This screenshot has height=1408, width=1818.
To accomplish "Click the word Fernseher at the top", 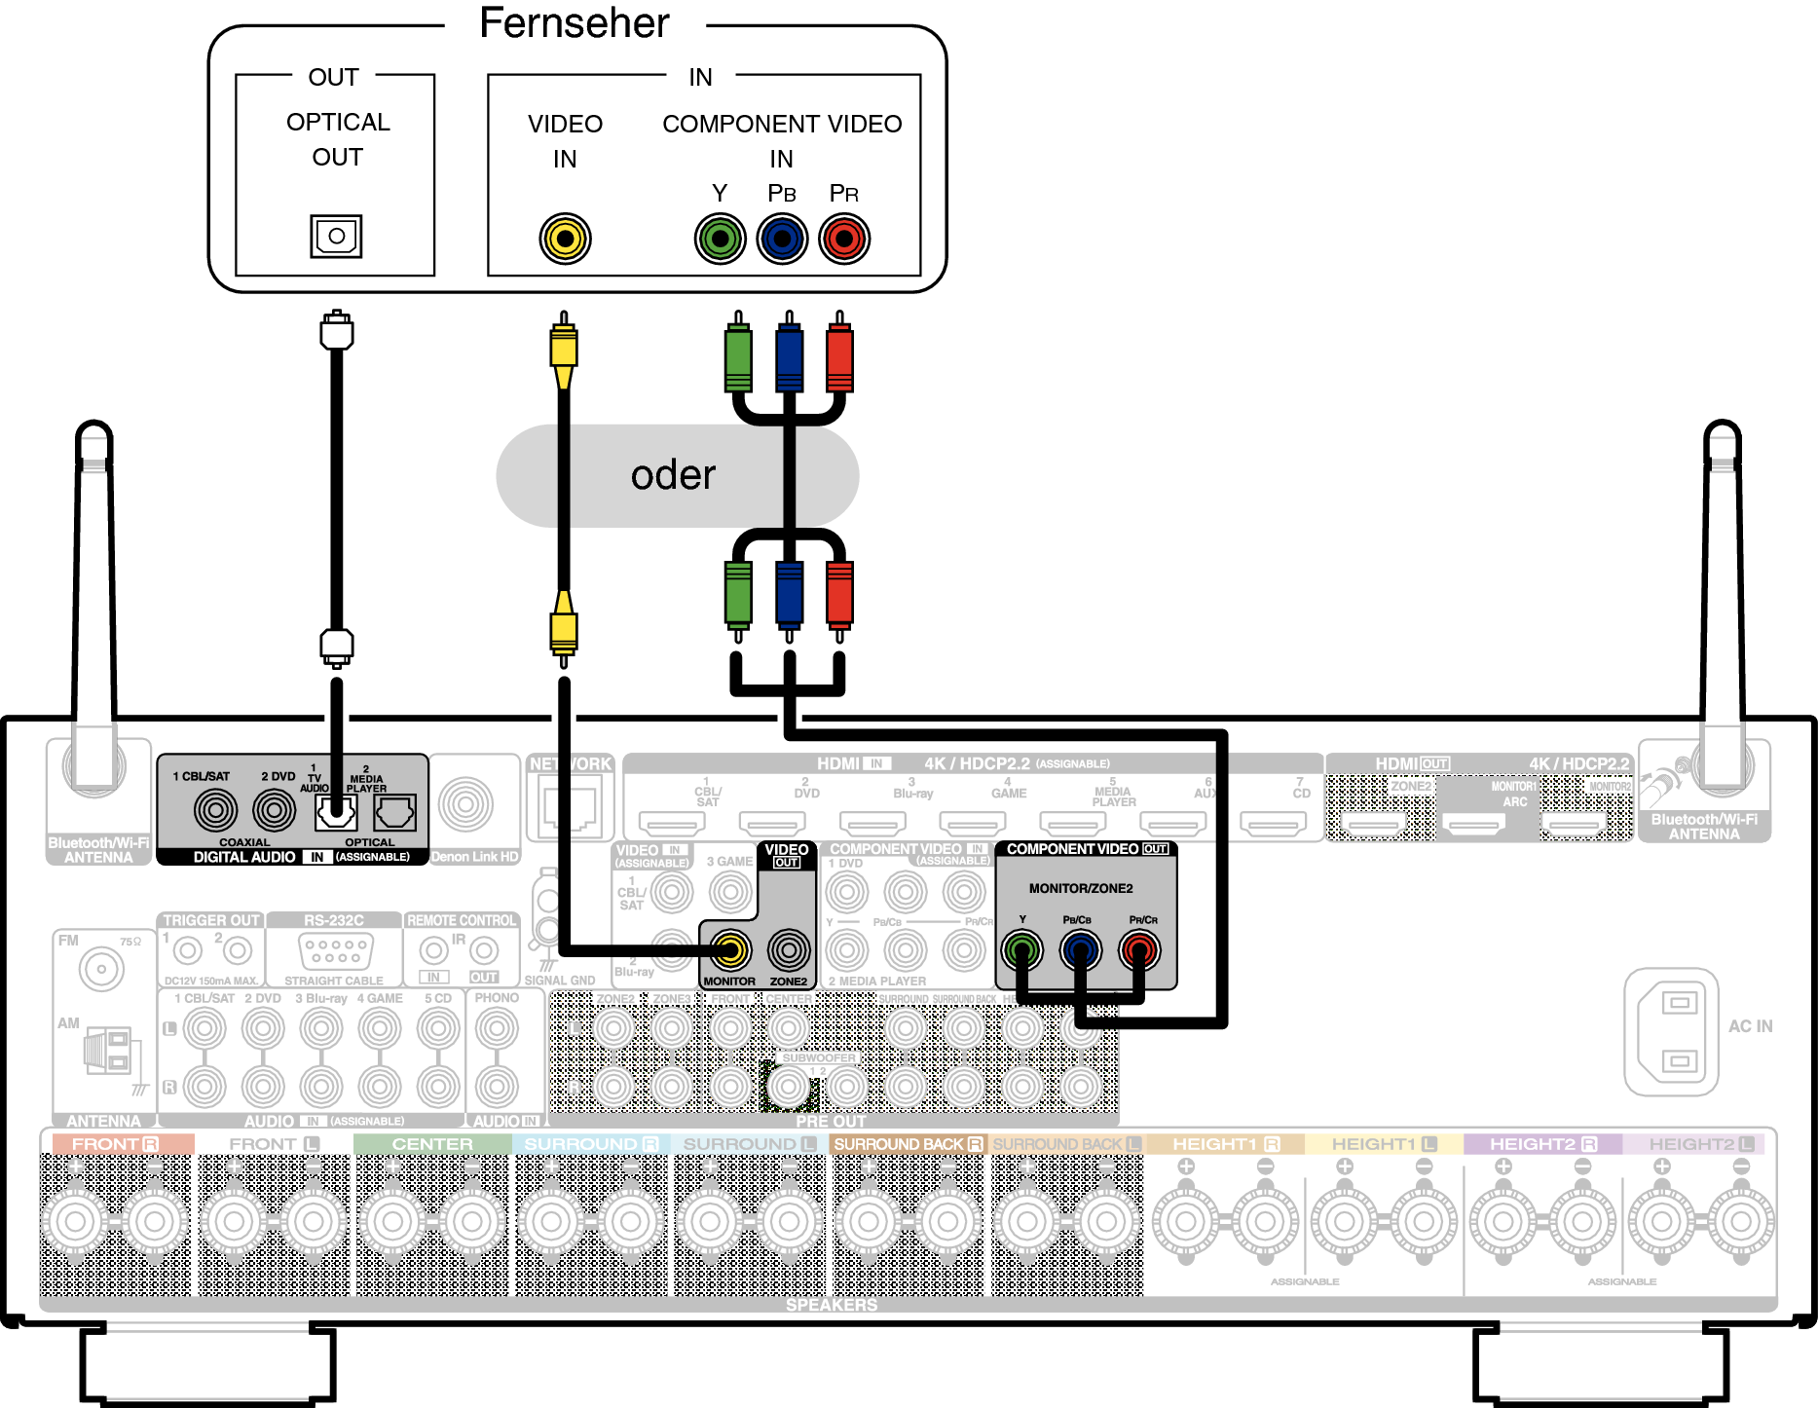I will pyautogui.click(x=575, y=23).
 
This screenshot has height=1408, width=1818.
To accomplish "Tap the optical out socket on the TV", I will pyautogui.click(x=336, y=236).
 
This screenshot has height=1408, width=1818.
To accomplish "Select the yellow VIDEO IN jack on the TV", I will pyautogui.click(x=565, y=239).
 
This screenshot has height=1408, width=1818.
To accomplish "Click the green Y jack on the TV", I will pyautogui.click(x=720, y=239).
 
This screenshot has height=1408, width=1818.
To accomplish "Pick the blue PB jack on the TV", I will pyautogui.click(x=782, y=239).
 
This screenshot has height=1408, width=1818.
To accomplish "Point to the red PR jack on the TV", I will pyautogui.click(x=844, y=239).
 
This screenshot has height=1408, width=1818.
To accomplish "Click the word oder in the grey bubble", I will pyautogui.click(x=673, y=475).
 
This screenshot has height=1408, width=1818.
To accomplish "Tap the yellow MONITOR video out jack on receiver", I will pyautogui.click(x=729, y=949).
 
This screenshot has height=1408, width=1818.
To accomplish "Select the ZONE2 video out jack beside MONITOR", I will pyautogui.click(x=788, y=949).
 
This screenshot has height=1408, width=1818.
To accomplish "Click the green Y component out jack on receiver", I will pyautogui.click(x=1022, y=949).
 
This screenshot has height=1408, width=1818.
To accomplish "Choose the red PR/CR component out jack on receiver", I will pyautogui.click(x=1139, y=949).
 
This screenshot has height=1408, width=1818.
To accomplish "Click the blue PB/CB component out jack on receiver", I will pyautogui.click(x=1080, y=949).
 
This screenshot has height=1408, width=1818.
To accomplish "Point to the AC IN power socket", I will pyautogui.click(x=1671, y=1031).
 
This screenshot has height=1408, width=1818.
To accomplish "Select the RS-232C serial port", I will pyautogui.click(x=334, y=949).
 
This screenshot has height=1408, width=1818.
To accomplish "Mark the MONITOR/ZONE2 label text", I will pyautogui.click(x=1081, y=888).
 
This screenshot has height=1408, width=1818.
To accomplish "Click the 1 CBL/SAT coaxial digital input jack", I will pyautogui.click(x=215, y=809).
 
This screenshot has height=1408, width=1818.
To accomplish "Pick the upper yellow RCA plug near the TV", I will pyautogui.click(x=564, y=351).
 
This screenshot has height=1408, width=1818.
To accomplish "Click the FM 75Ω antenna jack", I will pyautogui.click(x=101, y=969).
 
